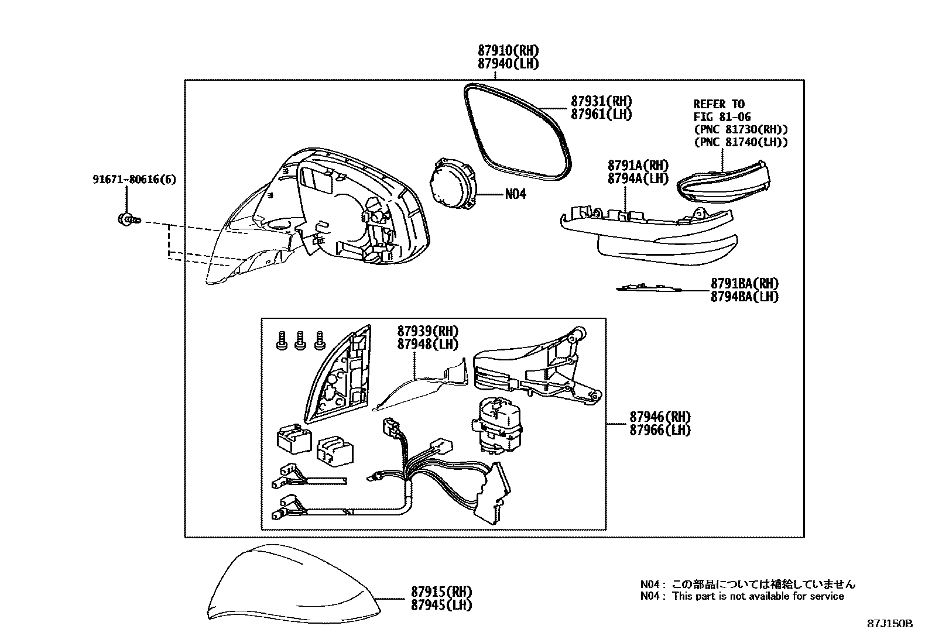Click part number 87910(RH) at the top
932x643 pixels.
[508, 51]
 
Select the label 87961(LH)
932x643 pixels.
[601, 114]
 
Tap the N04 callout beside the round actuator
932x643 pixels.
[516, 194]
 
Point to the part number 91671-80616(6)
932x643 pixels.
[133, 179]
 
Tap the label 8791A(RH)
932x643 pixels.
[638, 166]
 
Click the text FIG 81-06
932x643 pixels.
[722, 117]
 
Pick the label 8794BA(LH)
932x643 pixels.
[744, 297]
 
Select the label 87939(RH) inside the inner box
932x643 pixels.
[427, 331]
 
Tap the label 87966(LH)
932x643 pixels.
[660, 430]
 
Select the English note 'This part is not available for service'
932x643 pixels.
[758, 596]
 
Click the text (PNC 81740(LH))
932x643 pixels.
[741, 142]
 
